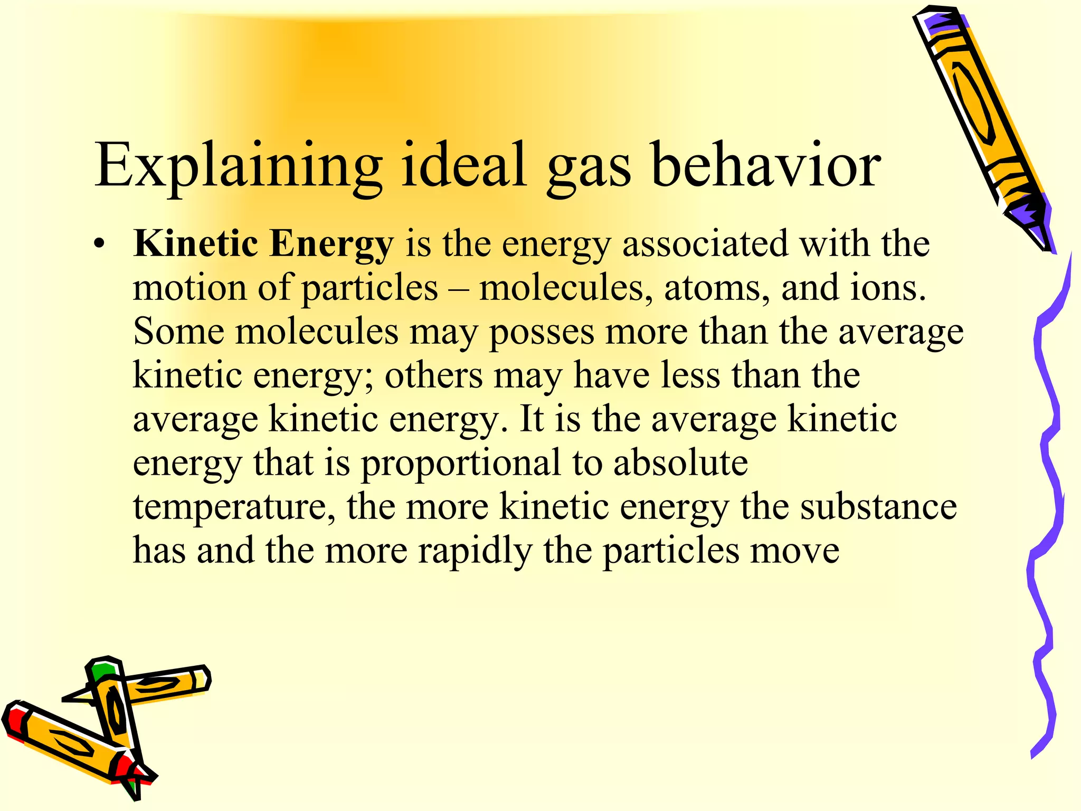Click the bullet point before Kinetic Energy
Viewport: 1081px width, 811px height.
pyautogui.click(x=99, y=244)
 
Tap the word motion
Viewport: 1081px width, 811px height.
pyautogui.click(x=189, y=288)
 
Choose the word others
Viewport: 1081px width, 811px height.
pyautogui.click(x=433, y=375)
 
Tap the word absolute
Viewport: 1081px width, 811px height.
pyautogui.click(x=680, y=463)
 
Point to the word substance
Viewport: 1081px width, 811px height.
pyautogui.click(x=878, y=506)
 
